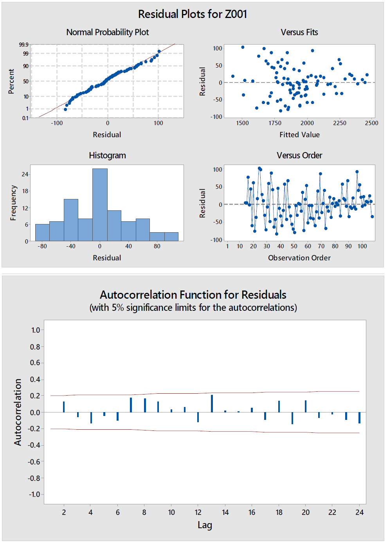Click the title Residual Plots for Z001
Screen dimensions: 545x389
tap(193, 14)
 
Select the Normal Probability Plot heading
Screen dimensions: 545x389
tap(108, 32)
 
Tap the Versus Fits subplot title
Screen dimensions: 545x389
tap(299, 32)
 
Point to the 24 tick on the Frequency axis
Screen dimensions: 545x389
tap(25, 174)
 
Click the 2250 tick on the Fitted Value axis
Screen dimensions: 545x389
tap(339, 123)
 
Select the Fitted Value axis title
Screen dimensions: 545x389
tap(299, 134)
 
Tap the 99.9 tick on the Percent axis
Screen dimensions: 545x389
tap(23, 45)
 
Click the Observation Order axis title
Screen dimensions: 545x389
tap(299, 258)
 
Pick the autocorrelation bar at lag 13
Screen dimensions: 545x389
tap(212, 403)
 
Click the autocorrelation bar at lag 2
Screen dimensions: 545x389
tap(64, 407)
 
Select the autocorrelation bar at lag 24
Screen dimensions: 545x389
tap(359, 418)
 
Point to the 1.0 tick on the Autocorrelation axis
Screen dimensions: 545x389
tap(36, 330)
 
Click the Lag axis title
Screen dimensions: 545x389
tap(205, 525)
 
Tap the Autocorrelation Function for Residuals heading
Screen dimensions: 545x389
tap(193, 294)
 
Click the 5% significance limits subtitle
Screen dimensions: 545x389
tap(193, 307)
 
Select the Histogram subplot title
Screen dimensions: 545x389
tap(107, 155)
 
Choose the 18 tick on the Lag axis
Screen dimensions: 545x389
tap(279, 512)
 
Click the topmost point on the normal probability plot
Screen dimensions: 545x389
tap(159, 51)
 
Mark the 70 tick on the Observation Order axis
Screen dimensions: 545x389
tap(321, 246)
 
